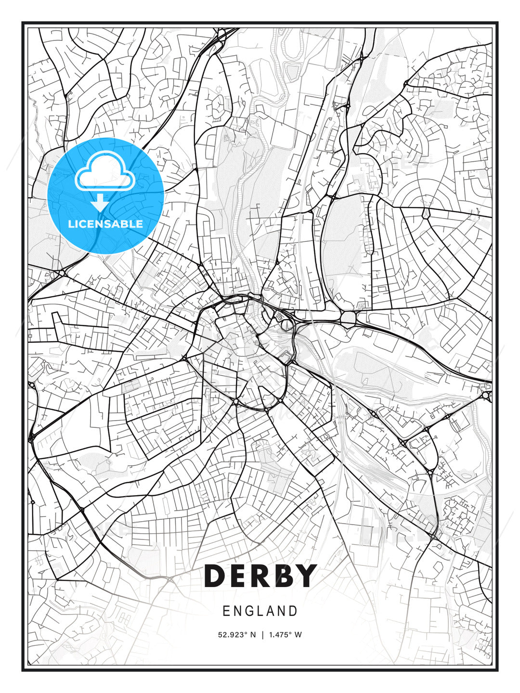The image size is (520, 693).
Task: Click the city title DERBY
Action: tap(260, 576)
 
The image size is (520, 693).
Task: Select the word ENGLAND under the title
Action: tap(260, 611)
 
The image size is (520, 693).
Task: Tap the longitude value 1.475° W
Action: tap(286, 635)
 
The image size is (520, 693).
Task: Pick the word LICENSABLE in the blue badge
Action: tap(105, 224)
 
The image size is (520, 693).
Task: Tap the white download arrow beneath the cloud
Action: tap(100, 203)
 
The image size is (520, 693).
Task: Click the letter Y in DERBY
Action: tap(304, 576)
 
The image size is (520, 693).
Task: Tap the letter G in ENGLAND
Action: tap(248, 611)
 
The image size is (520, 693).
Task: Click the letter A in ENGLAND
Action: tap(271, 611)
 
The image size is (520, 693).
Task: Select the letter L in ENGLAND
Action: tap(260, 611)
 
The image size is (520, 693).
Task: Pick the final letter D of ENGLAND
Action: tap(293, 611)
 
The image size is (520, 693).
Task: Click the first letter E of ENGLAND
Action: tap(226, 611)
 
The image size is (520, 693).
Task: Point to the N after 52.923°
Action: tap(254, 635)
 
